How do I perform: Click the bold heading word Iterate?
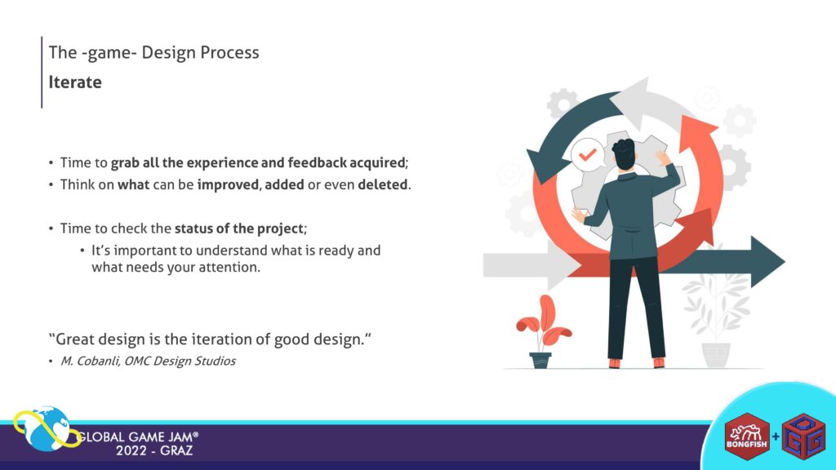click(x=75, y=82)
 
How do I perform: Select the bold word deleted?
click(x=383, y=184)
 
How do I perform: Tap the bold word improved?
click(x=229, y=185)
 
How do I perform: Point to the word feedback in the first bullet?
click(x=318, y=162)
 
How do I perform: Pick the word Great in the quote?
click(x=73, y=339)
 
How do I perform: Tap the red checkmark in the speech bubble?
click(x=588, y=154)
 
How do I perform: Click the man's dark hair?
click(x=623, y=151)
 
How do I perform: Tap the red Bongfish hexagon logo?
click(x=747, y=437)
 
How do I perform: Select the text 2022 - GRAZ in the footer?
click(x=154, y=450)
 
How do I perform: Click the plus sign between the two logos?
click(x=776, y=437)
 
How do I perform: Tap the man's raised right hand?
click(x=663, y=157)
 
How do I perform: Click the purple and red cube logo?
click(x=803, y=437)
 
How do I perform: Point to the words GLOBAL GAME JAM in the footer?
click(x=137, y=437)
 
